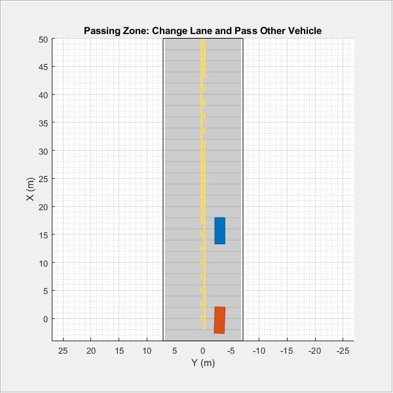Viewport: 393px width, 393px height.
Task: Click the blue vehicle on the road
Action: (219, 231)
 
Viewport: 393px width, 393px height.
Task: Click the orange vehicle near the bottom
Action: (219, 320)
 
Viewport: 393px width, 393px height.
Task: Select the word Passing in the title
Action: (102, 31)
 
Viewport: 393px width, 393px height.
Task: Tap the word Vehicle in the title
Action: (304, 31)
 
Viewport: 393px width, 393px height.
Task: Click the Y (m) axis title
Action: (203, 362)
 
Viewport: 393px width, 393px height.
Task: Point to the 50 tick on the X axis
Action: (43, 39)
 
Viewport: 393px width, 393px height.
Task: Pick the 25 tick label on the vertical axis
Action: (43, 179)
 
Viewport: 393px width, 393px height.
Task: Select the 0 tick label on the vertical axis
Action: (46, 319)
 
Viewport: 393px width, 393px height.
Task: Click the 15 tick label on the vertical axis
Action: (43, 234)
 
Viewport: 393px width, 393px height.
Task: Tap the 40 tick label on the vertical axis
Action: (43, 95)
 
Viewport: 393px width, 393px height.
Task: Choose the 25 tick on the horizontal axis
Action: (63, 350)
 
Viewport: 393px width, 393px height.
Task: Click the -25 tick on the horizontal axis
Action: (343, 350)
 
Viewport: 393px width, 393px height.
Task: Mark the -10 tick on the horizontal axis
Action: (259, 350)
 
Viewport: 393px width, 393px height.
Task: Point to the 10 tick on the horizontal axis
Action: (147, 350)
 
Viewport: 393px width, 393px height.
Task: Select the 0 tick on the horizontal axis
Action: (203, 350)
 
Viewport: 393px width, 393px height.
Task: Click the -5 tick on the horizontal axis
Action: (231, 350)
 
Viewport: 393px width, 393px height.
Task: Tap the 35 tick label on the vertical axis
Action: (43, 123)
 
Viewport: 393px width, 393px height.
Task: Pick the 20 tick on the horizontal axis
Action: (91, 350)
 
